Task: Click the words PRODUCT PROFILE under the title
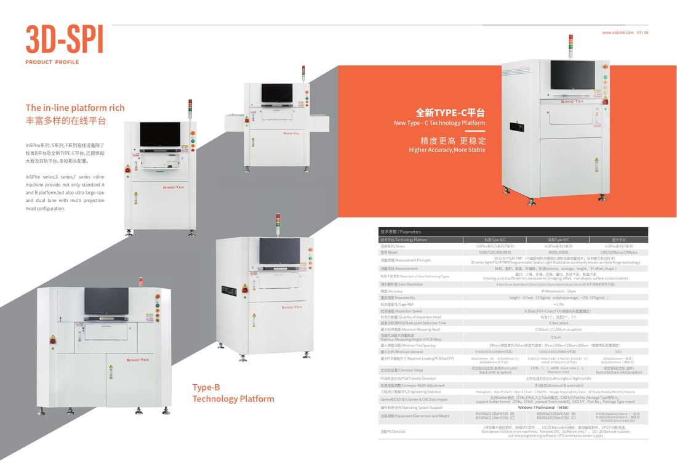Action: [52, 62]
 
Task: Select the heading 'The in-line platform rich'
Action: [74, 108]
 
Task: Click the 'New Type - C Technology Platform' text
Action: [439, 123]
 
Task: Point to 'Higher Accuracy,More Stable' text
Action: [447, 150]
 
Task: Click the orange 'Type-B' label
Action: [206, 387]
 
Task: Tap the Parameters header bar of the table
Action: [513, 231]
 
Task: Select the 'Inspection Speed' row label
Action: [401, 312]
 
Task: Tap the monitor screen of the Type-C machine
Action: [572, 74]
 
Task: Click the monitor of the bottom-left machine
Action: [106, 300]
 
